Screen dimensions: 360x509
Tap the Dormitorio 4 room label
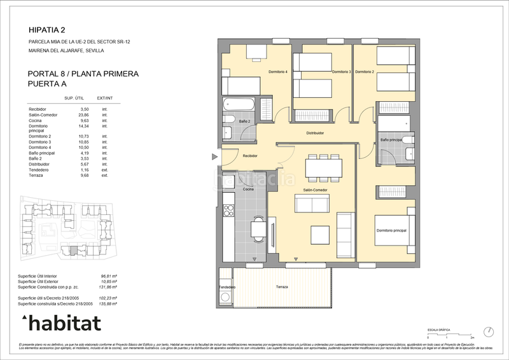278,72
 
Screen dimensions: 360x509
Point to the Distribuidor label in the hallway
316,133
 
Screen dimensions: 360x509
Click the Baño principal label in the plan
391,139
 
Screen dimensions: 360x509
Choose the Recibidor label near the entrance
249,155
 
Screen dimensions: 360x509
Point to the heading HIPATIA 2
47,29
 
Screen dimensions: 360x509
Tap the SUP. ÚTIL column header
74,99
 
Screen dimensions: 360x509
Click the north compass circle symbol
488,331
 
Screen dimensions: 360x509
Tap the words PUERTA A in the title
48,83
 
